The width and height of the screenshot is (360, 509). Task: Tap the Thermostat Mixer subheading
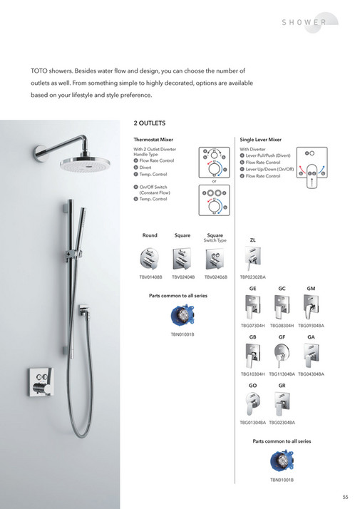coord(154,140)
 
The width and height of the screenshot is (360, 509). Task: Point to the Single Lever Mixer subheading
coord(261,140)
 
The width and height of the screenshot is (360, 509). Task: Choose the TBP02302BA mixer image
coord(252,258)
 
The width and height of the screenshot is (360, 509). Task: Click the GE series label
coord(252,287)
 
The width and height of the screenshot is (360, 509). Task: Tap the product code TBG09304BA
coord(311,326)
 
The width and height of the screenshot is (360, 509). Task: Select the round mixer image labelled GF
coord(282,356)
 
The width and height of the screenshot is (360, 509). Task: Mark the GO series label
coord(252,386)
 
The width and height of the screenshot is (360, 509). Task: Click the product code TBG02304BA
coord(282,423)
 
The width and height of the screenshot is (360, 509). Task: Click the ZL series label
coord(252,240)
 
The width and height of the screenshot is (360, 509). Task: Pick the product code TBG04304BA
coord(311,374)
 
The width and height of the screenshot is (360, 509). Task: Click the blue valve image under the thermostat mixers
coord(182,316)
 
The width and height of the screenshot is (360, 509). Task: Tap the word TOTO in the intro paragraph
coord(39,71)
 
